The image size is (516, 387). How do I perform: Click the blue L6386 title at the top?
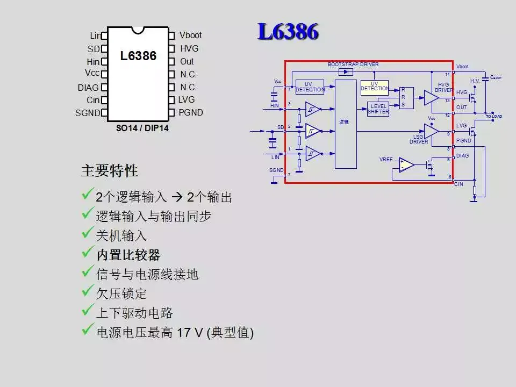click(288, 32)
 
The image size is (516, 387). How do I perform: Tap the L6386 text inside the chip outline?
click(138, 56)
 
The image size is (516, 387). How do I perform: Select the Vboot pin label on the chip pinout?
click(190, 35)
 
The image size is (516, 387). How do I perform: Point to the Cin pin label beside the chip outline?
click(93, 100)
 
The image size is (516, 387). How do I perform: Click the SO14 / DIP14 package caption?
click(142, 129)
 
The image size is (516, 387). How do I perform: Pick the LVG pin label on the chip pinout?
click(187, 99)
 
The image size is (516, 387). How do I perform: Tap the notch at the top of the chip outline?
click(138, 30)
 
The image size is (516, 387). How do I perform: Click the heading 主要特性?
click(109, 171)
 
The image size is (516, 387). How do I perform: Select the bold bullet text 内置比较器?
click(128, 255)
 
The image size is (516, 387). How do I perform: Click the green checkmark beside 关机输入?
click(88, 234)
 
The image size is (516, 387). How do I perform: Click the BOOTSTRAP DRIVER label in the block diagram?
click(353, 64)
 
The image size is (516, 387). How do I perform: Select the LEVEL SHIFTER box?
click(378, 109)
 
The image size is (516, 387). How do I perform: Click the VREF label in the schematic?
click(386, 160)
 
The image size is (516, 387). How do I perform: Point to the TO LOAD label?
click(493, 117)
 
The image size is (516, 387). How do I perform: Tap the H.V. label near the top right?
click(475, 81)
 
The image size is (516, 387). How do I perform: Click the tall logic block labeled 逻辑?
click(346, 124)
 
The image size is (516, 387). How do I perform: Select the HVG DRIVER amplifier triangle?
click(431, 97)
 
